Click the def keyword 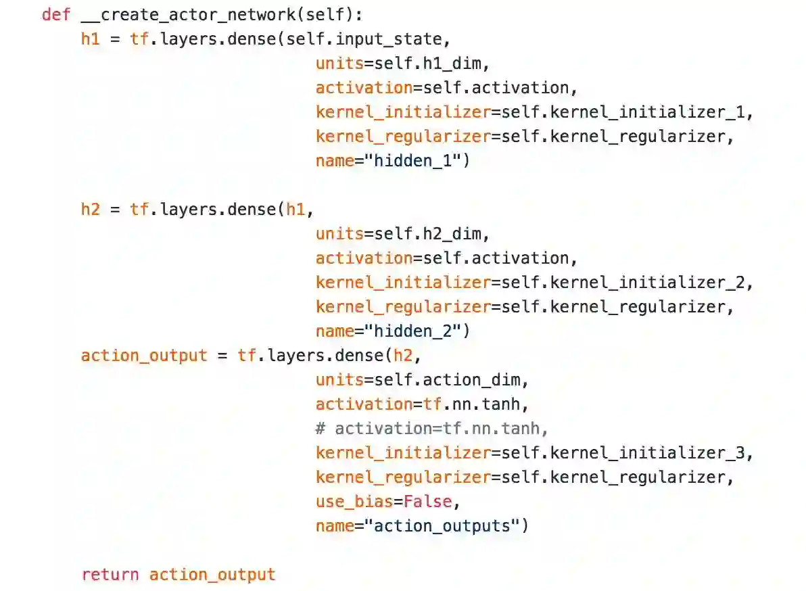click(x=55, y=14)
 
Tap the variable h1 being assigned click(x=90, y=39)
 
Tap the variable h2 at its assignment click(x=90, y=209)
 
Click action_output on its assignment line click(x=144, y=355)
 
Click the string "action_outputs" click(x=443, y=525)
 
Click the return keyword click(x=110, y=575)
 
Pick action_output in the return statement click(x=212, y=575)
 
